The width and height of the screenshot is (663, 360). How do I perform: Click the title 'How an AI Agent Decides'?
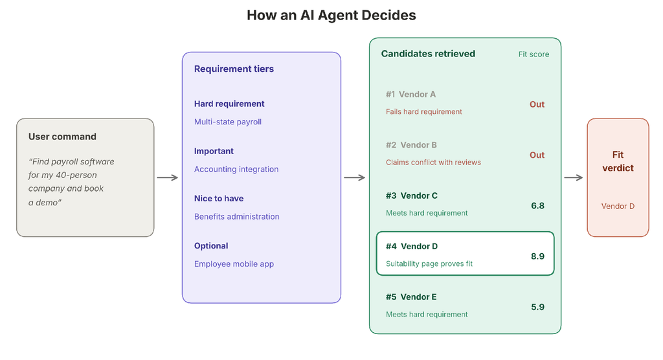click(x=331, y=16)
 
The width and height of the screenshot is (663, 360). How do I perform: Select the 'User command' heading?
click(x=62, y=137)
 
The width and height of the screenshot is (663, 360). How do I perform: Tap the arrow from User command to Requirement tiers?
click(x=168, y=177)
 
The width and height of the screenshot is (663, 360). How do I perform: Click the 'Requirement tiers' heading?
click(x=234, y=69)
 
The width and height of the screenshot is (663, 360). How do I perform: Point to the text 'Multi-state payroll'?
click(x=228, y=122)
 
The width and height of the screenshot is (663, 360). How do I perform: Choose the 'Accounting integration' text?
click(x=236, y=169)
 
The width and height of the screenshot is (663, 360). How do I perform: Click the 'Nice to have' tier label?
click(x=219, y=198)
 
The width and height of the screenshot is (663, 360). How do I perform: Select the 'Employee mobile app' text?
click(x=234, y=264)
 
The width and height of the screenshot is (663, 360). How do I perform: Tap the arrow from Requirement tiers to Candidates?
click(x=355, y=177)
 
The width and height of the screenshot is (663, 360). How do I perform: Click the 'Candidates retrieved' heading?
click(x=428, y=54)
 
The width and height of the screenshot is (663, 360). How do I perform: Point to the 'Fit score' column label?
click(x=534, y=54)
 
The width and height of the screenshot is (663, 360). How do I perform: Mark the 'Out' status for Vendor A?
click(x=537, y=104)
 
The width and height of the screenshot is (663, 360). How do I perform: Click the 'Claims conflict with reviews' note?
click(x=433, y=163)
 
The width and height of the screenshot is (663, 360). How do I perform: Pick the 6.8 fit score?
click(x=537, y=206)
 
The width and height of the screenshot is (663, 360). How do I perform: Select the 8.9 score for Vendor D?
click(x=537, y=256)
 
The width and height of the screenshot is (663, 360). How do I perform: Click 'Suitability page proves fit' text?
click(x=429, y=264)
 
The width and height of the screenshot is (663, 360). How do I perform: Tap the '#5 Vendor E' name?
click(x=411, y=297)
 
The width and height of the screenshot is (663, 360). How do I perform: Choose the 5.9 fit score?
click(x=537, y=307)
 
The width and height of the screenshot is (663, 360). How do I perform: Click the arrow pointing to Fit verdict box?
click(x=574, y=177)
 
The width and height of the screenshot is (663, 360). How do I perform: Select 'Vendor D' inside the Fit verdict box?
click(x=618, y=207)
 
